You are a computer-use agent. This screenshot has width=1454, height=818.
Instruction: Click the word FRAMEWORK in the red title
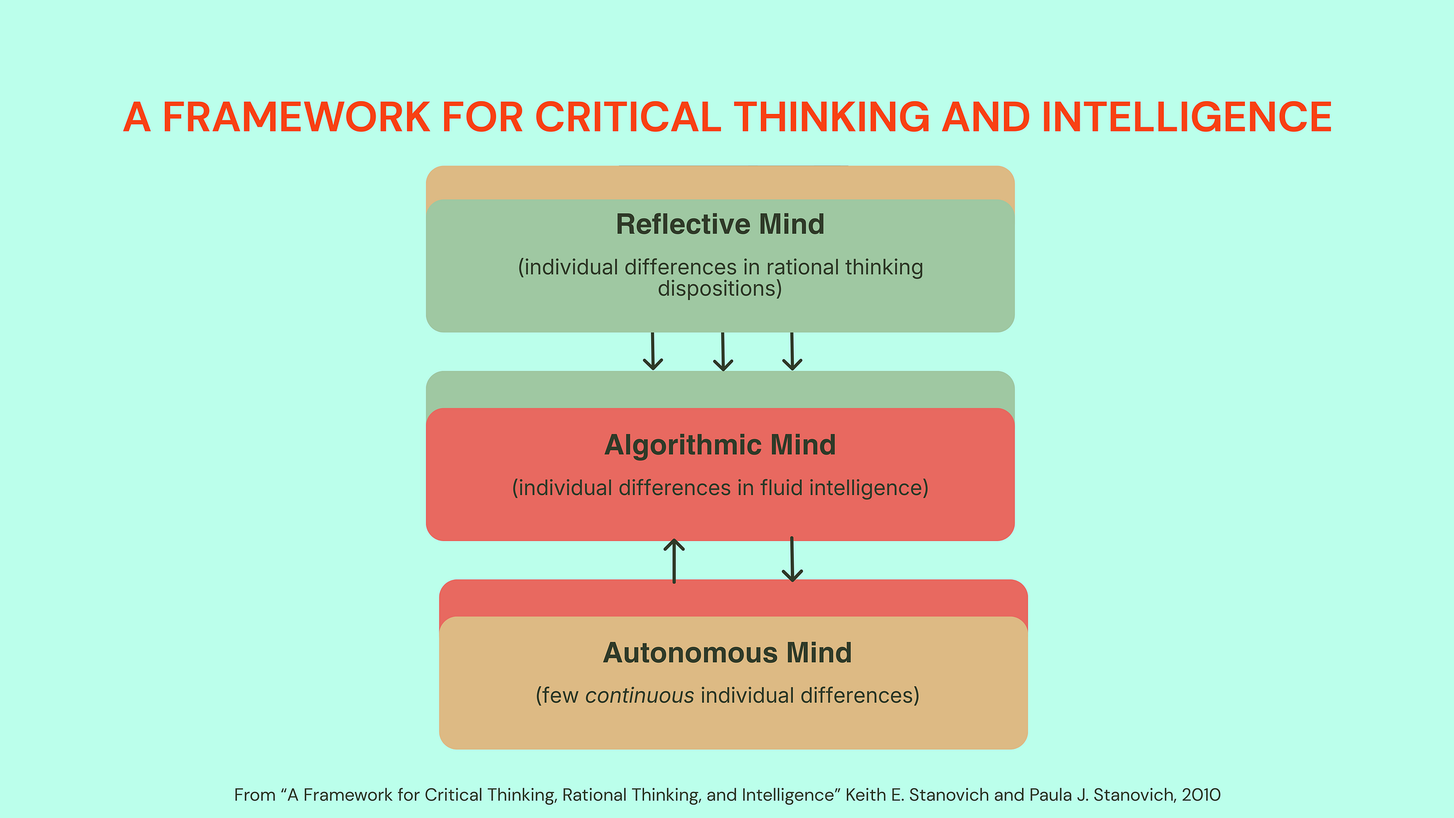(296, 117)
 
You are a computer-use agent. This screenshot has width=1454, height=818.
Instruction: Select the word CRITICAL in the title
(628, 117)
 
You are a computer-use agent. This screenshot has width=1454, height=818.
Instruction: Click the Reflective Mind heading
(720, 224)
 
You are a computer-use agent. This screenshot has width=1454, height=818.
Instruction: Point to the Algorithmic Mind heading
(720, 445)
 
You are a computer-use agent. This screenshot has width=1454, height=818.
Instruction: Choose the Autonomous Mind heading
(727, 653)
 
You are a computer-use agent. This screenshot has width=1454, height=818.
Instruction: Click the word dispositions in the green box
(720, 288)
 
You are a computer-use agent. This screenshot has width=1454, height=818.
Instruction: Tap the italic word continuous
(639, 696)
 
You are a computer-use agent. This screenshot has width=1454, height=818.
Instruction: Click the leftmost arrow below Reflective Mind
(652, 351)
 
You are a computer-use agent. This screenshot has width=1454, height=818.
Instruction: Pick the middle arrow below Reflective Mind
(723, 351)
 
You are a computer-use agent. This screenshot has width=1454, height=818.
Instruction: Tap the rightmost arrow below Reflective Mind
(792, 351)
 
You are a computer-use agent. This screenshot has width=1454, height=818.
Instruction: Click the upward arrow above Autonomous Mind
(674, 560)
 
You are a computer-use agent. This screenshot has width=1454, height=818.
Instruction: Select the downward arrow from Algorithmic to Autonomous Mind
(792, 559)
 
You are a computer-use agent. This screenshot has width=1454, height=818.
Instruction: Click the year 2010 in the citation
(1201, 795)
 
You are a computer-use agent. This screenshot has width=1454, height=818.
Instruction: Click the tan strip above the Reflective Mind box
(720, 182)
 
